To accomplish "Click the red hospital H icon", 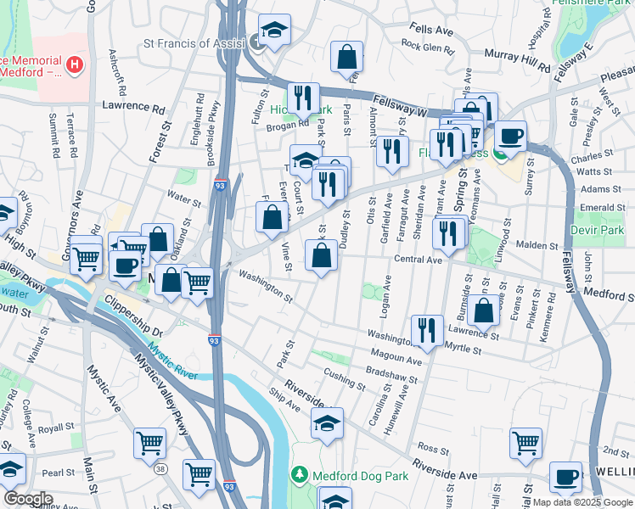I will (x=76, y=64).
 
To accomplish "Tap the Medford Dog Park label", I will (x=360, y=475).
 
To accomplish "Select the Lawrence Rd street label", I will (x=133, y=108).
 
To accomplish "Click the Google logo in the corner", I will (x=28, y=499).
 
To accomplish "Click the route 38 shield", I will (x=161, y=467).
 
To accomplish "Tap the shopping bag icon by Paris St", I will (x=347, y=59).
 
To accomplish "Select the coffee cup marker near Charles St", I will (x=511, y=137).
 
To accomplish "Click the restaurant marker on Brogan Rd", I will (x=303, y=98).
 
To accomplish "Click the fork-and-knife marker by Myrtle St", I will (x=427, y=331).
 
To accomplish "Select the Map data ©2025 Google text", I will (x=582, y=502).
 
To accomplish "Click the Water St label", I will (x=183, y=202).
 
